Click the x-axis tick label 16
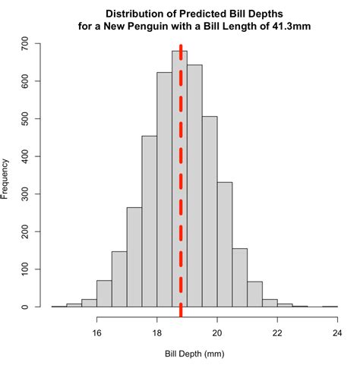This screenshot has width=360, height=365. [x=97, y=332]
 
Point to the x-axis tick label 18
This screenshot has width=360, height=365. [x=157, y=332]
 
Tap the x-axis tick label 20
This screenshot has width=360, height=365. [x=217, y=332]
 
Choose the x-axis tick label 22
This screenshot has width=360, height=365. [x=277, y=332]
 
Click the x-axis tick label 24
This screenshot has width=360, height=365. [x=337, y=332]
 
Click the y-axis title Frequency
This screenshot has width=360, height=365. [x=7, y=178]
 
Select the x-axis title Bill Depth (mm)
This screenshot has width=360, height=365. [x=194, y=354]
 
